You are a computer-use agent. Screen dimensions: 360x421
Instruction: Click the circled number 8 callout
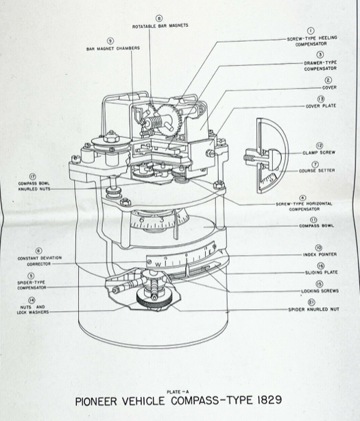pos(159,19)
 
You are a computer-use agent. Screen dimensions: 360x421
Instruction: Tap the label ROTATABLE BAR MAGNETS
pos(160,26)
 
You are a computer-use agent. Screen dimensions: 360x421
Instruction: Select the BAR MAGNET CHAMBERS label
pos(113,49)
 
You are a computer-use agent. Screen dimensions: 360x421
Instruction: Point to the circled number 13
pos(320,99)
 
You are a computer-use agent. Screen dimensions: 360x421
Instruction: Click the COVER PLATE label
pos(321,106)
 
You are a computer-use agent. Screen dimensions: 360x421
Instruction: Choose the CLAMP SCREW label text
pos(319,152)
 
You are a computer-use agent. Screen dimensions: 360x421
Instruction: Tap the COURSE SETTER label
pos(317,171)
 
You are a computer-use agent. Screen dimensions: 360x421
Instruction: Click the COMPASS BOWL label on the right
pos(317,226)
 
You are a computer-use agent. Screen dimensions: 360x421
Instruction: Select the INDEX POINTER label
pos(320,254)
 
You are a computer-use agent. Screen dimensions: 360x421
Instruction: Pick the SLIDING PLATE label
pos(322,272)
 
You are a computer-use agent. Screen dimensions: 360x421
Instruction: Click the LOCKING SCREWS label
pos(320,291)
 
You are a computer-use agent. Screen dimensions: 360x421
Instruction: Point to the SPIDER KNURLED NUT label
pos(313,309)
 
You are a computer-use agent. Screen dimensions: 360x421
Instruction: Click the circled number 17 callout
pos(33,177)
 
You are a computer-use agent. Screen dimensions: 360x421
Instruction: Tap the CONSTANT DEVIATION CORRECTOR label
pos(40,261)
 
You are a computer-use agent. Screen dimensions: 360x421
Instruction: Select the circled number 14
pos(32,300)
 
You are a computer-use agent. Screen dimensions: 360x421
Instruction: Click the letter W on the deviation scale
pos(158,265)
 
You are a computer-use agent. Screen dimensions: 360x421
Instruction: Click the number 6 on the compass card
pos(142,220)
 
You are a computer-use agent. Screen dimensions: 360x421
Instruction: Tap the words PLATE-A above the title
pos(178,392)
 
